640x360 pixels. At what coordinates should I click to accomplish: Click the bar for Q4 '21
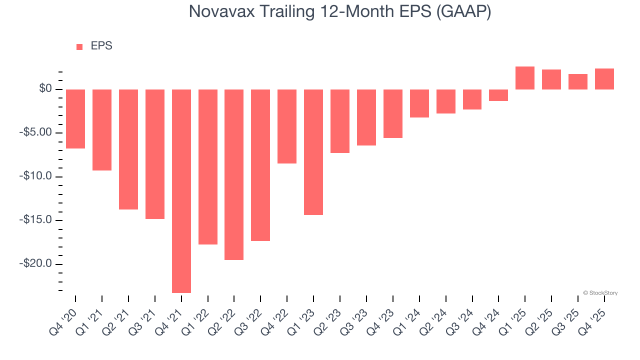pos(181,191)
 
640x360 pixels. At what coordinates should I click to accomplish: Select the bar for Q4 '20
pos(75,119)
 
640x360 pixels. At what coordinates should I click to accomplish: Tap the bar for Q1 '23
pos(313,152)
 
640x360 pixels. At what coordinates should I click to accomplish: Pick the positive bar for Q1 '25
pos(525,78)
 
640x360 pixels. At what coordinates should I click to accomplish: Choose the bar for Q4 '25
pos(604,79)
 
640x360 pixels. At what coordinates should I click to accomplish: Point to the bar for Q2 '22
pos(234,174)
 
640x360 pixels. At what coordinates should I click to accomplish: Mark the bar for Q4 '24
pos(498,95)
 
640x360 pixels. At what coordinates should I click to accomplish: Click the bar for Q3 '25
pos(578,82)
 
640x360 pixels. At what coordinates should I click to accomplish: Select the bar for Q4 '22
pos(287,126)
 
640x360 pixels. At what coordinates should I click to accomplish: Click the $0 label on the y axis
pos(45,89)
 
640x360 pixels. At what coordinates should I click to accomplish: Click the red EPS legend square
pos(79,47)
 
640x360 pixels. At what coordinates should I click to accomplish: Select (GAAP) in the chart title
pos(463,11)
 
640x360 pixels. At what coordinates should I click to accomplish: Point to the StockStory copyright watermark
pos(600,293)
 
